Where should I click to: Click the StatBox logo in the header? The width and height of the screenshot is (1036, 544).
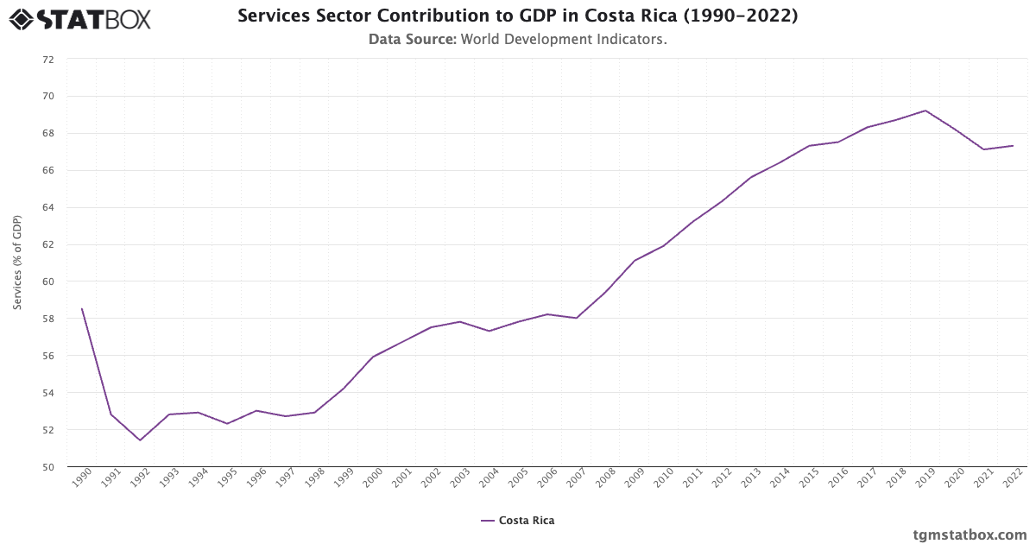click(x=80, y=18)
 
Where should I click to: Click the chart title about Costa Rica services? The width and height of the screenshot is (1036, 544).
click(x=517, y=16)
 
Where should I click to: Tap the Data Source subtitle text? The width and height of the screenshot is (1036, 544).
click(x=517, y=39)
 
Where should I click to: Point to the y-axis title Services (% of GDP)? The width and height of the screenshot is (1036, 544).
click(x=17, y=263)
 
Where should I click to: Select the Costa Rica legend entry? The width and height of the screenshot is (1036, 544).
click(x=518, y=521)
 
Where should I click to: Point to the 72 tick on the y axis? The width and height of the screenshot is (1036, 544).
click(x=47, y=60)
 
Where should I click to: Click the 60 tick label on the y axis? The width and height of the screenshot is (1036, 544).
click(x=47, y=281)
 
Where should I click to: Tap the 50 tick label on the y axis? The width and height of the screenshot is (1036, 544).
click(x=47, y=467)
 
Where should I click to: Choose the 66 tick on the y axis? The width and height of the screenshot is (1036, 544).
click(x=47, y=171)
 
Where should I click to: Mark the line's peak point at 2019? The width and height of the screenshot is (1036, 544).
click(x=925, y=111)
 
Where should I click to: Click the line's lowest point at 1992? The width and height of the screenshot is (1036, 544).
click(x=140, y=440)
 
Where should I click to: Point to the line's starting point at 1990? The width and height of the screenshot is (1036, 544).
click(x=82, y=309)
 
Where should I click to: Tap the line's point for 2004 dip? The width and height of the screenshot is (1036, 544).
click(x=489, y=331)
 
